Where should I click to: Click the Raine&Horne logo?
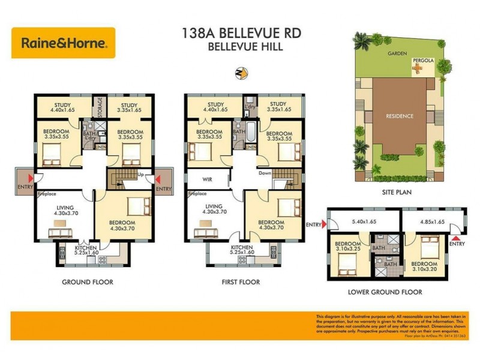coord(63,43)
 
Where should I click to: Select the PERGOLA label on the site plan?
coord(420,61)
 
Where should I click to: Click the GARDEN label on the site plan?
coord(397,53)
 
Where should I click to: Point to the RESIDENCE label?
coord(400,116)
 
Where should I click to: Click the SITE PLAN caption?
coord(396,193)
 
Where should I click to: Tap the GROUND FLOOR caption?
coord(88,281)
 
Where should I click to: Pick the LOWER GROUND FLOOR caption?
coord(385,292)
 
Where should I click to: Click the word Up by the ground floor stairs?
coord(140,174)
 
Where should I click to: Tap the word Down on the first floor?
coord(265,173)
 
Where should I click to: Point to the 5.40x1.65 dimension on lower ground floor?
coord(364,222)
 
